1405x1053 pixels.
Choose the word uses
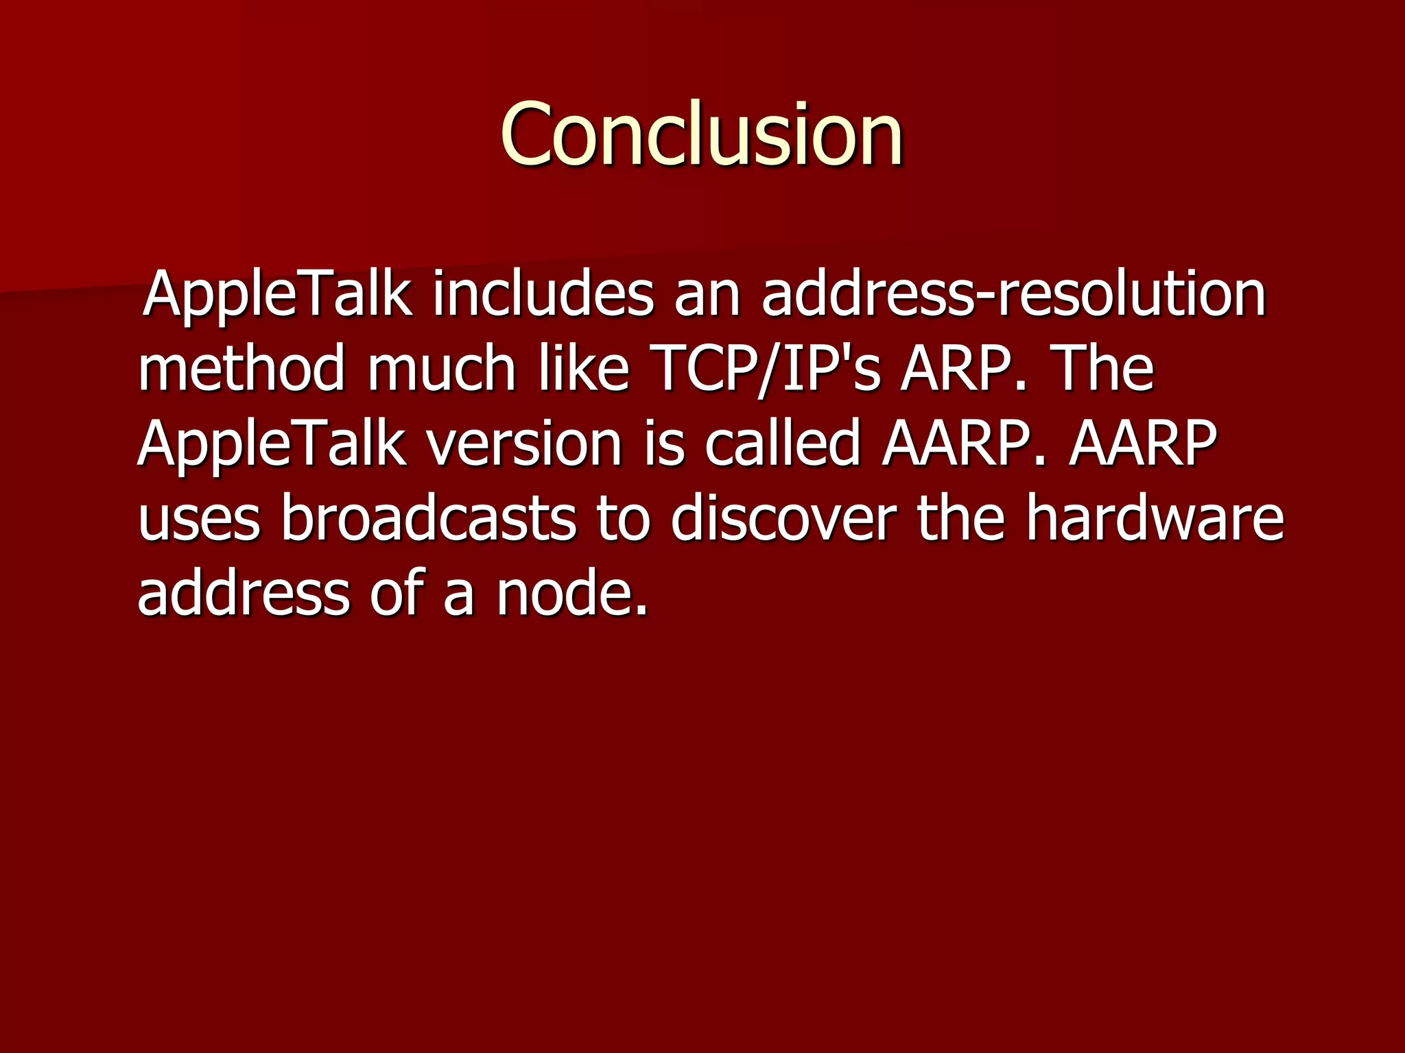click(199, 518)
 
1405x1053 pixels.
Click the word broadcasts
click(429, 518)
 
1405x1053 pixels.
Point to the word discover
click(783, 518)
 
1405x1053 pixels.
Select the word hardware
click(1154, 518)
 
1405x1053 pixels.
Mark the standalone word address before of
click(244, 593)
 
